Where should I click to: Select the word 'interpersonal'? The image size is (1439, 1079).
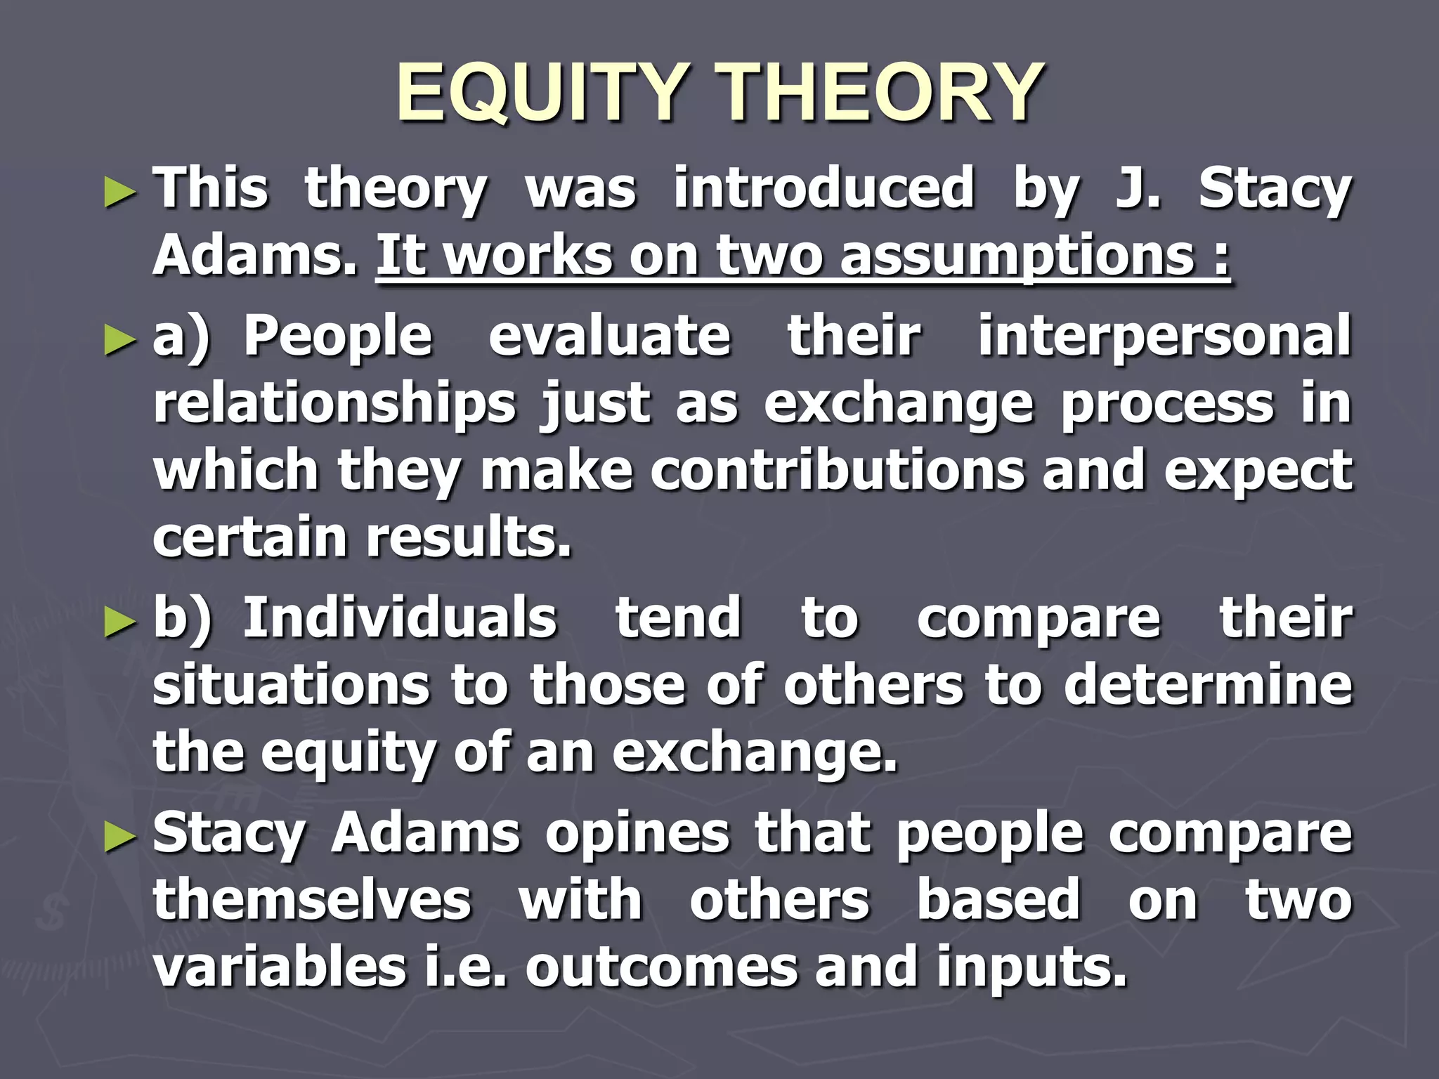pos(1164,336)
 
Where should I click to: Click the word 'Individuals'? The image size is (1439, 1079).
pos(400,618)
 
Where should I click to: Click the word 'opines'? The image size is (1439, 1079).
pos(637,834)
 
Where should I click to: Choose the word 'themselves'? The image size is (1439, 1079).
pos(313,900)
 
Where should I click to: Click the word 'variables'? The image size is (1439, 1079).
pos(280,967)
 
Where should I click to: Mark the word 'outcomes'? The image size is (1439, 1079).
pos(660,967)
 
